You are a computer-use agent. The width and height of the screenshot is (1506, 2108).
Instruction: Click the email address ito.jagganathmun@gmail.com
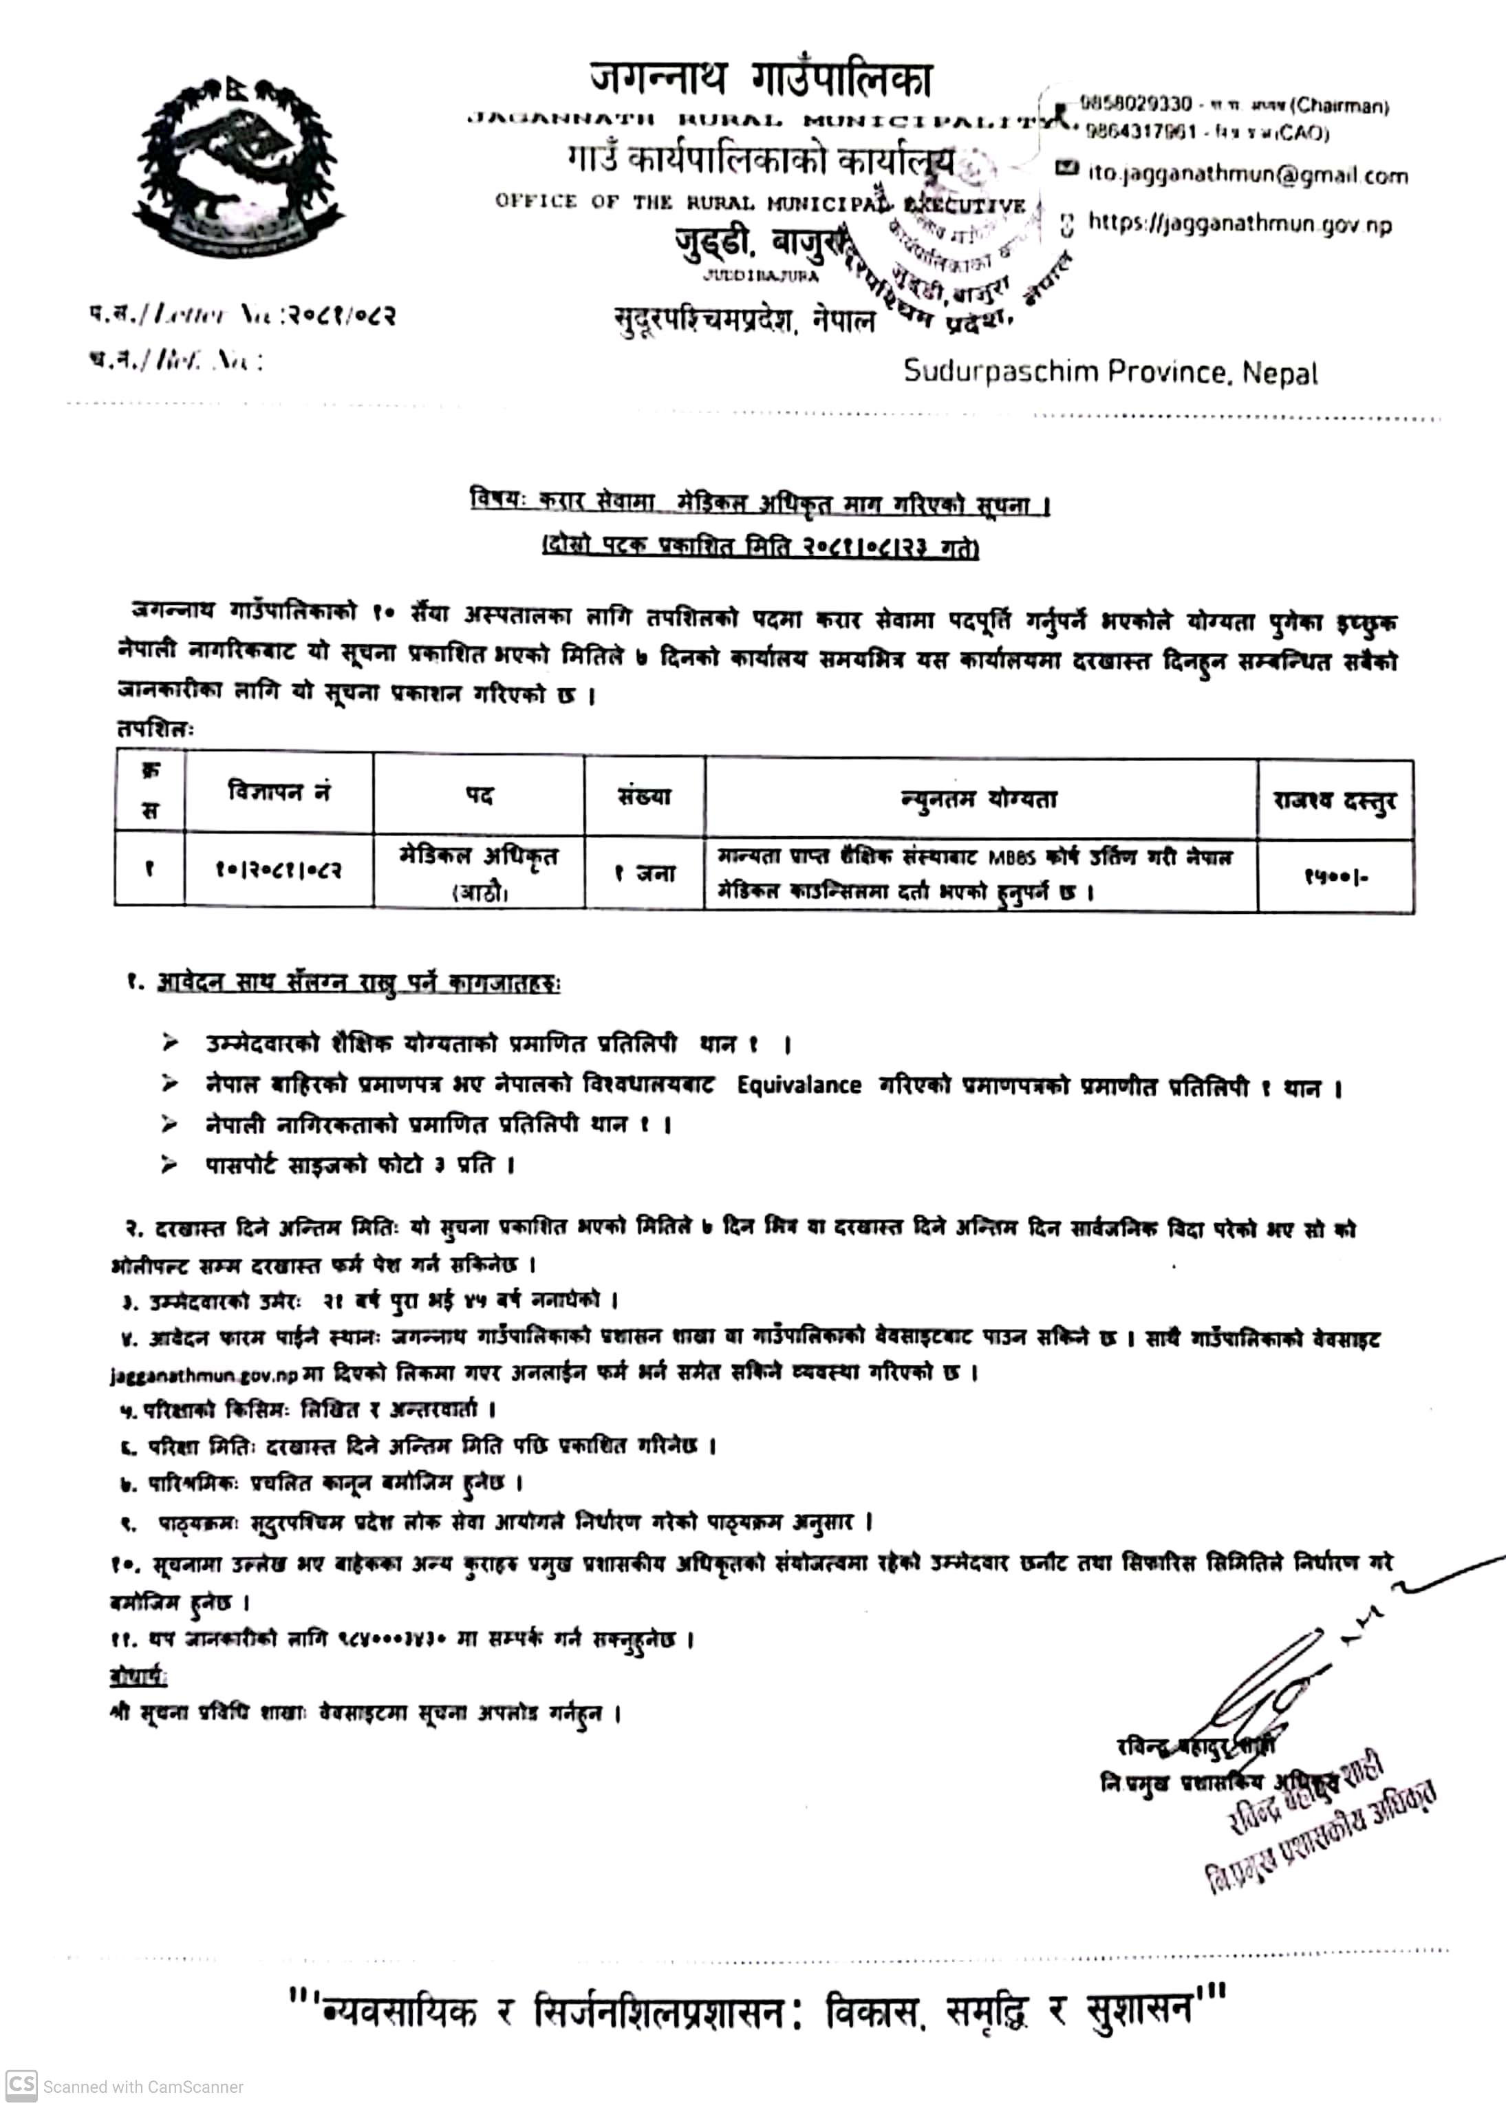click(1247, 175)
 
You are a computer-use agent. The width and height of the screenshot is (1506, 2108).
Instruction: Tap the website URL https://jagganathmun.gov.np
click(1239, 224)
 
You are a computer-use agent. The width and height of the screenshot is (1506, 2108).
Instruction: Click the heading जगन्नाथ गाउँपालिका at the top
click(760, 79)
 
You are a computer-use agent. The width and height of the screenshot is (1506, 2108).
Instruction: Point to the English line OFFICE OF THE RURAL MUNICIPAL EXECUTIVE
click(760, 202)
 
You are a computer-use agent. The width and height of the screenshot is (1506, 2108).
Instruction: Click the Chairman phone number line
click(1234, 105)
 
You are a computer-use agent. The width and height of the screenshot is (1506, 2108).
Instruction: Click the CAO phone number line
click(1207, 133)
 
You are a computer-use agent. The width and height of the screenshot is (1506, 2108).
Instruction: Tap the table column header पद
click(479, 795)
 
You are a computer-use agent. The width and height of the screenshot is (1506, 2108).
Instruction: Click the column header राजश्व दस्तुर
click(1335, 800)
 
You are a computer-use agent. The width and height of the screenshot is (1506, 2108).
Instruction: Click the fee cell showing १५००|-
click(1335, 875)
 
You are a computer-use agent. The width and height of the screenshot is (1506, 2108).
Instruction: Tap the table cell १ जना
click(645, 873)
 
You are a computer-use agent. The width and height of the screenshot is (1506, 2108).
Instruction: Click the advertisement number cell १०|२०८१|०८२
click(278, 870)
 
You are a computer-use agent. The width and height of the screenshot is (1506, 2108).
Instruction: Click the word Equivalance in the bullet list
click(799, 1085)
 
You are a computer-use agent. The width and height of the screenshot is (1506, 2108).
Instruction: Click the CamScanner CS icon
click(21, 2086)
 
